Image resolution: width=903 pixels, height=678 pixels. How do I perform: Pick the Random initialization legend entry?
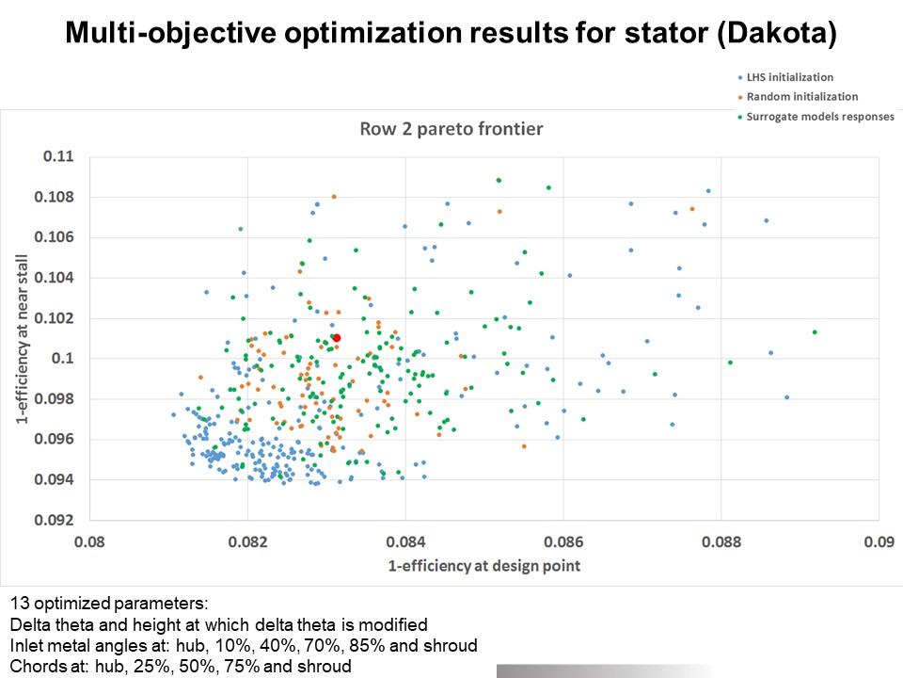801,96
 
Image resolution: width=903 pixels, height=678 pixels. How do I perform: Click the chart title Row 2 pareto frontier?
451,129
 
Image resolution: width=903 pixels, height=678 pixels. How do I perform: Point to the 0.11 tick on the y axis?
59,156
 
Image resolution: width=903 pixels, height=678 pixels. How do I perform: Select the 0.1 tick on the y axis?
63,359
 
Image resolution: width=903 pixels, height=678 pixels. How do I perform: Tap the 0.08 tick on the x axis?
89,541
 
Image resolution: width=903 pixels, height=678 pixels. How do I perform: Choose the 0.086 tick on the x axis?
562,541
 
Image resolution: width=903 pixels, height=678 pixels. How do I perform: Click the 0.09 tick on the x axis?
878,541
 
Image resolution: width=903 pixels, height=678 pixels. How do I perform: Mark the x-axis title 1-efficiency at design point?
483,566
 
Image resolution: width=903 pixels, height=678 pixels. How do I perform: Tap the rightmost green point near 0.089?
815,331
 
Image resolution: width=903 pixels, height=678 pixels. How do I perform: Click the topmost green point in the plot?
499,180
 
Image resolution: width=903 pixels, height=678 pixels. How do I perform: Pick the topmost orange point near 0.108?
334,197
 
